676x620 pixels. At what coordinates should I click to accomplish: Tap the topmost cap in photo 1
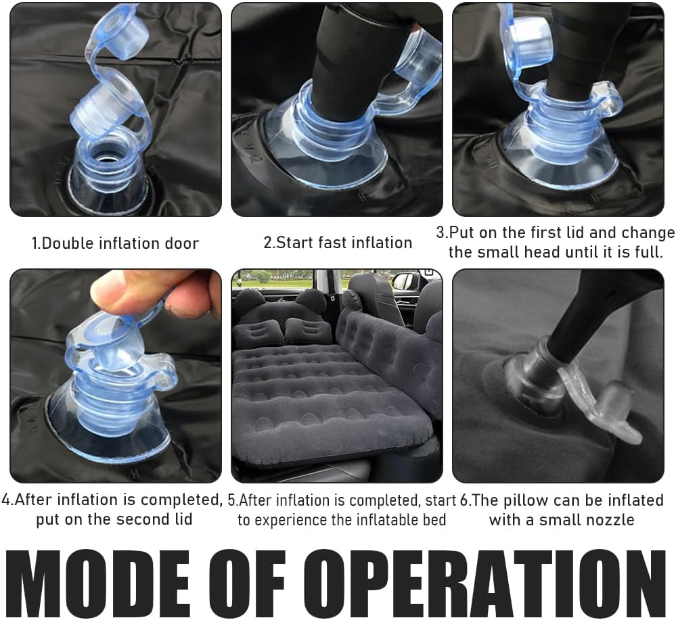pos(115,30)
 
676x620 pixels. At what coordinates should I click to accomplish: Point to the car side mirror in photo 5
pos(406,282)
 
